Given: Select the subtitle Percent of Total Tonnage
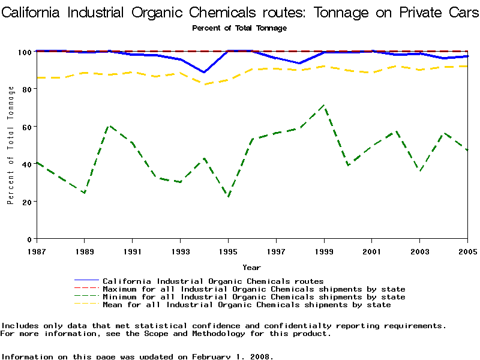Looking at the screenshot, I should (239, 28).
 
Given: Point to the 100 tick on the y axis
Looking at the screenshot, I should (25, 52).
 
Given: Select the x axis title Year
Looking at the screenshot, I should (251, 267).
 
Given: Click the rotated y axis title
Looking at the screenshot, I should (11, 145).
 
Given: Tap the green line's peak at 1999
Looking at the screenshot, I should (324, 106).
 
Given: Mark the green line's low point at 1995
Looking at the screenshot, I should (228, 197).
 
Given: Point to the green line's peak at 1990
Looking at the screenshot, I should (109, 126).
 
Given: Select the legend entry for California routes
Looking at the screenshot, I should (213, 281).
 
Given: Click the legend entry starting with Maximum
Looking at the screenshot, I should (254, 289).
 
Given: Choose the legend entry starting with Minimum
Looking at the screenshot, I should (254, 297).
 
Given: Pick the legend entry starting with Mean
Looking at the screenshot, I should (247, 305).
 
